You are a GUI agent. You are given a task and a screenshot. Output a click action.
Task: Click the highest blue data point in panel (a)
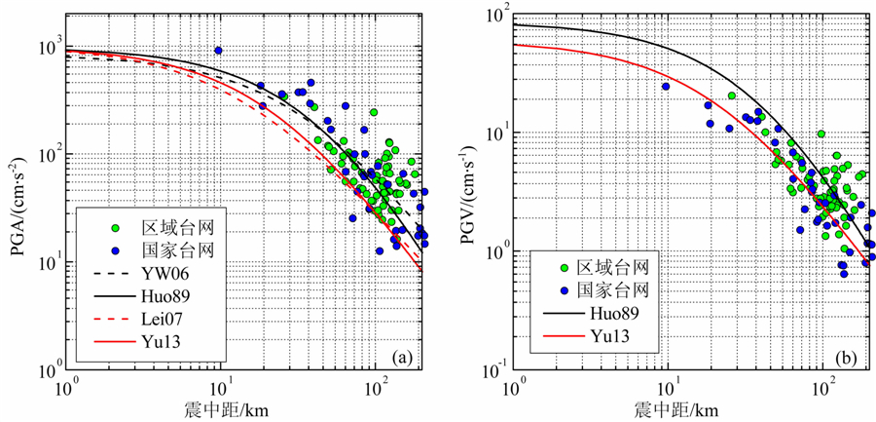click(x=219, y=51)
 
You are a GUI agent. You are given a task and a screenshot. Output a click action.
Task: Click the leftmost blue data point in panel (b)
click(x=666, y=87)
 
